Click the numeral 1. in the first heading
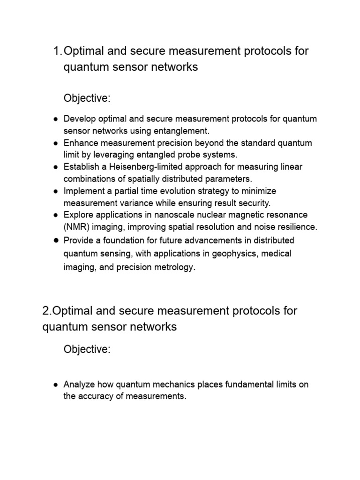coord(58,51)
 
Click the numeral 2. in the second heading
coord(47,311)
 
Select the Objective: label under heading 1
coord(87,98)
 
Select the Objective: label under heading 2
coord(87,350)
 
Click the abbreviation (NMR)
coord(75,227)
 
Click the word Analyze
coord(78,385)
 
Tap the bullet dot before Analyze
coord(55,385)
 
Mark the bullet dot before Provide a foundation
coord(55,240)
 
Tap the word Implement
coord(82,191)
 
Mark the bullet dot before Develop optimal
coord(55,119)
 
